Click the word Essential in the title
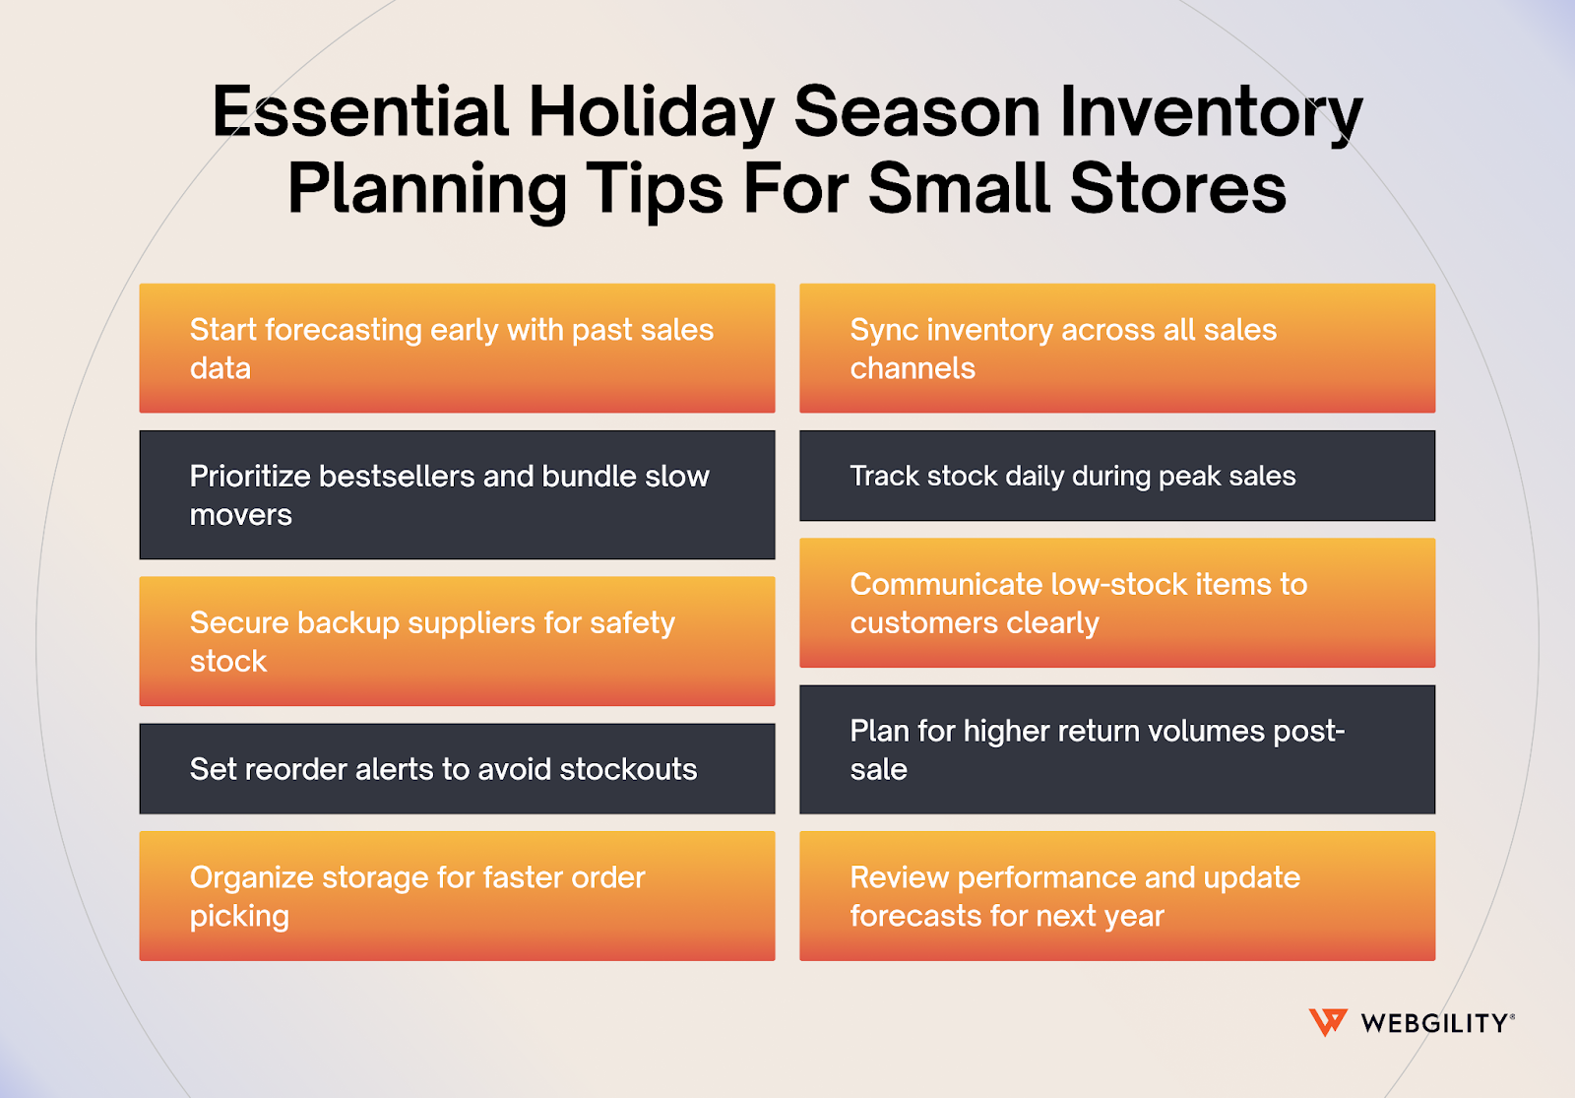click(x=360, y=111)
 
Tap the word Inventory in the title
click(x=1211, y=111)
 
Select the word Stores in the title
click(x=1178, y=188)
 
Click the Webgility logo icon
click(x=1327, y=1022)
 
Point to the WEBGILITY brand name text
click(x=1435, y=1023)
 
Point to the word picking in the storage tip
click(x=239, y=917)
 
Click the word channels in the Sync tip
click(x=913, y=368)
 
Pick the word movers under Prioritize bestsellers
click(x=241, y=515)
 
